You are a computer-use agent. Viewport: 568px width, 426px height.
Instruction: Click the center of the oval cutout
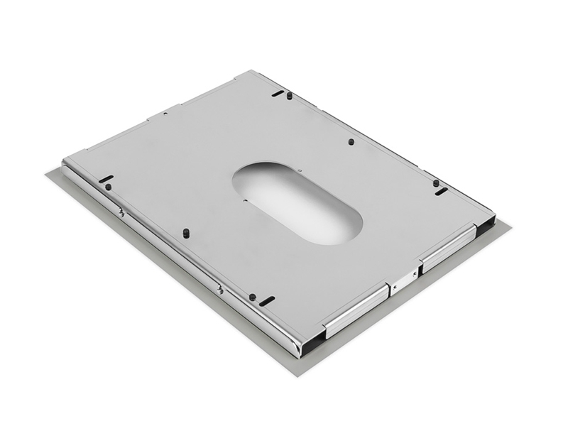coord(297,203)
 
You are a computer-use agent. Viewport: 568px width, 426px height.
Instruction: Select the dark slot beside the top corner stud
coord(278,93)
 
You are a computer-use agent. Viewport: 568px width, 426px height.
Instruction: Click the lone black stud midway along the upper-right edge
coord(351,141)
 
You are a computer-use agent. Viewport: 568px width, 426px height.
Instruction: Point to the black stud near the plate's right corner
coord(436,183)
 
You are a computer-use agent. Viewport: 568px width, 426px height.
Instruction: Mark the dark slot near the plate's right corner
coord(441,191)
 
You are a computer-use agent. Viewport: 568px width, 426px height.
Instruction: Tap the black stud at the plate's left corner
coord(109,187)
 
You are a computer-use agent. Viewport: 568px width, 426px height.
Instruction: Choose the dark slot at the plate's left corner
coord(106,179)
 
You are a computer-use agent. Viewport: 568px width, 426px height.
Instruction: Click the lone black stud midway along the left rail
coord(186,232)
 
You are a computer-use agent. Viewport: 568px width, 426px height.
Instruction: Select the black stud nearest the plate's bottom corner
coord(252,297)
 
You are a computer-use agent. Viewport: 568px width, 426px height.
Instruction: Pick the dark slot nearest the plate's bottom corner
coord(267,301)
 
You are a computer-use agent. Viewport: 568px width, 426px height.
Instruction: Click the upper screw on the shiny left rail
coord(122,212)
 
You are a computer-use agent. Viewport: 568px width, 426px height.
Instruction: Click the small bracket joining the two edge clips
coord(403,280)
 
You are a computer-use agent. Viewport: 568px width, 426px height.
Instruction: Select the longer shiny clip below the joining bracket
coord(355,310)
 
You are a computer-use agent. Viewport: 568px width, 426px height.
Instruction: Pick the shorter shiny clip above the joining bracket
coord(447,247)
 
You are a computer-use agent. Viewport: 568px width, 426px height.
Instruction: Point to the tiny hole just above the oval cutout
coord(300,170)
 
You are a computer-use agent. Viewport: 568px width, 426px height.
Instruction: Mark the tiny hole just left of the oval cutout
coord(245,200)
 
